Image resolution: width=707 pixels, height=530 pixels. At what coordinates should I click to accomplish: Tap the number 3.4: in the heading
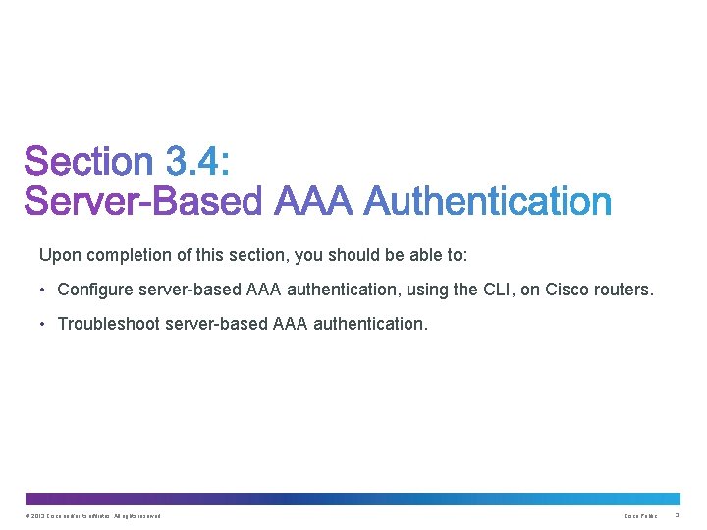[196, 163]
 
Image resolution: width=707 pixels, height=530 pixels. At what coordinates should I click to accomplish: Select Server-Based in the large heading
[144, 202]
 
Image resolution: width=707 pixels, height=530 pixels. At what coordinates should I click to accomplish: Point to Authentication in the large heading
[488, 202]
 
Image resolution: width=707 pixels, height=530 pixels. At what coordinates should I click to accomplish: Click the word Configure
[97, 290]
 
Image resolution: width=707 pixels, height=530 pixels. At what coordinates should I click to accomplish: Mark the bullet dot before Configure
[44, 290]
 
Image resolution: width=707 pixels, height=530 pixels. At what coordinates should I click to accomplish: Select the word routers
[624, 290]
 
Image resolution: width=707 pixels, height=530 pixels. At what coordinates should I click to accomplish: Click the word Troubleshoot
[110, 323]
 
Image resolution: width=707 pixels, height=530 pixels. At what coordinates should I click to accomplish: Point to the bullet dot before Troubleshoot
[44, 323]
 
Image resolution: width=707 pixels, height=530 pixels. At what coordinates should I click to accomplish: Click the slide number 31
[678, 516]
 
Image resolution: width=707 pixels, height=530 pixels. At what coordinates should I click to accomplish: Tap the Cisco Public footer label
[641, 516]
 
